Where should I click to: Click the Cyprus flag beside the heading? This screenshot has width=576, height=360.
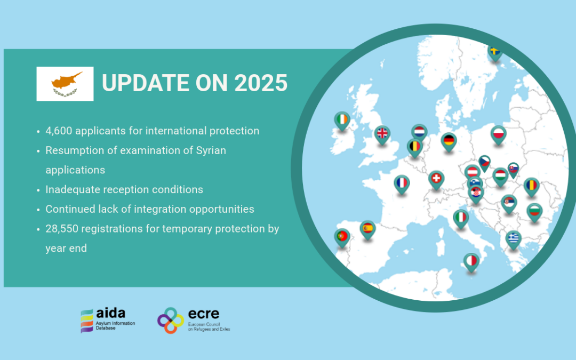point(65,84)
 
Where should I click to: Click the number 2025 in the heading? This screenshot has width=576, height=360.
point(260,83)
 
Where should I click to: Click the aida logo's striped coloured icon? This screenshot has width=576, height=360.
point(87,321)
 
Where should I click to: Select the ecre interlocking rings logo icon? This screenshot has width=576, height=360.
point(171,320)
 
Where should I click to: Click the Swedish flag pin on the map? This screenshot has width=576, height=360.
point(494,52)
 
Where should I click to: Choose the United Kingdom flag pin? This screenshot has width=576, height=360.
point(382,133)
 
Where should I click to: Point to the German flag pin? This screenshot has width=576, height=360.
point(449,141)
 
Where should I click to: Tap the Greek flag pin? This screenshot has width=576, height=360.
point(513,238)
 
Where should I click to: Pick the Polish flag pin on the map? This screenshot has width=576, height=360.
point(498,134)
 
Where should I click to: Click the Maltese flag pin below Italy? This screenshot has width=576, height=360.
point(471,261)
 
